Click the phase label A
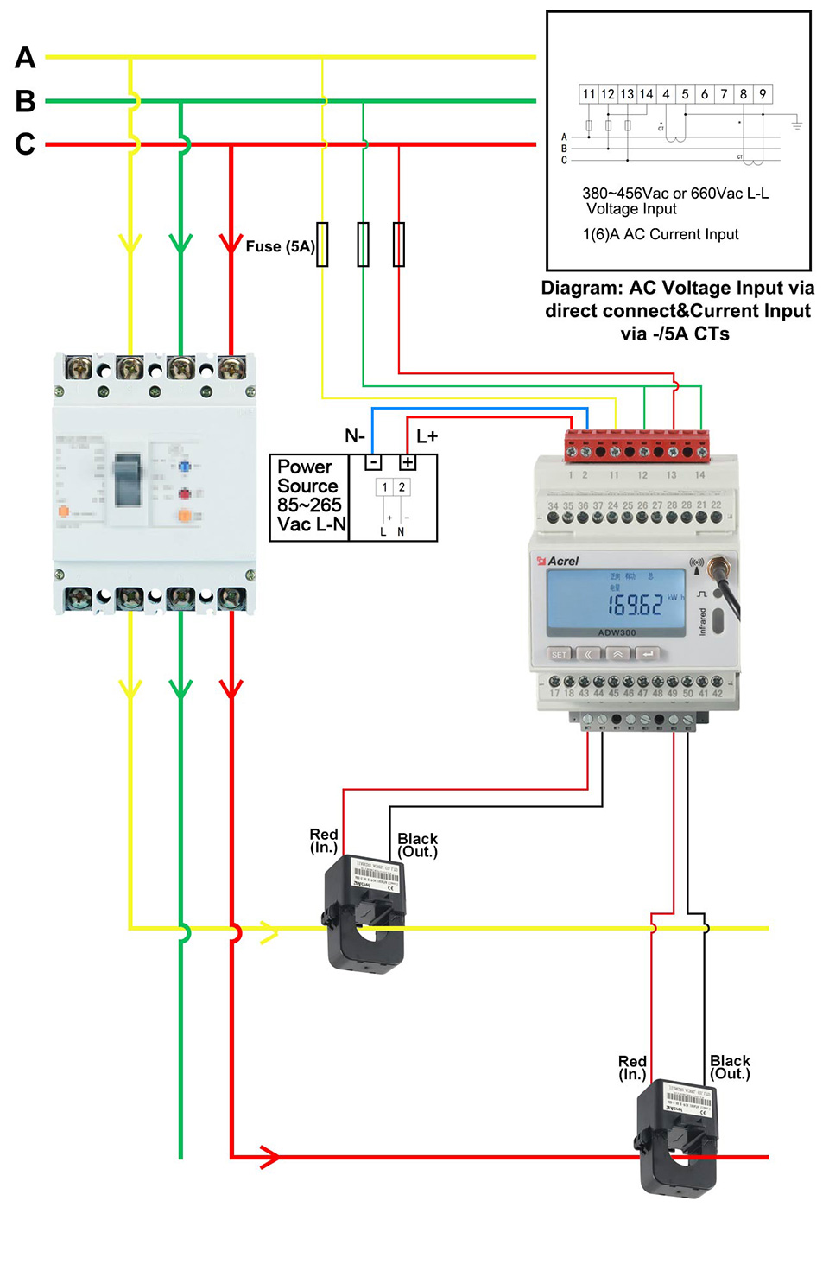coord(25,58)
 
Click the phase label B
coord(25,101)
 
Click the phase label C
coord(25,143)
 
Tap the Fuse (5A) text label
coord(280,246)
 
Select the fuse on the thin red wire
coord(399,244)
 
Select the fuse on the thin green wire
coord(364,244)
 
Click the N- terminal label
coord(355,435)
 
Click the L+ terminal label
coord(427,436)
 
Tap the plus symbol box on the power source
coord(407,462)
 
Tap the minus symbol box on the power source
coord(373,462)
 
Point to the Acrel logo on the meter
coord(559,561)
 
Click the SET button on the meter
coord(560,654)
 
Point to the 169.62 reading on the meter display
coord(635,604)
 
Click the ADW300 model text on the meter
coord(617,632)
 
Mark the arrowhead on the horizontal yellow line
coord(269,932)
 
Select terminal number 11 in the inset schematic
coord(589,94)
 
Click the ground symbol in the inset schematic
coord(796,125)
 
